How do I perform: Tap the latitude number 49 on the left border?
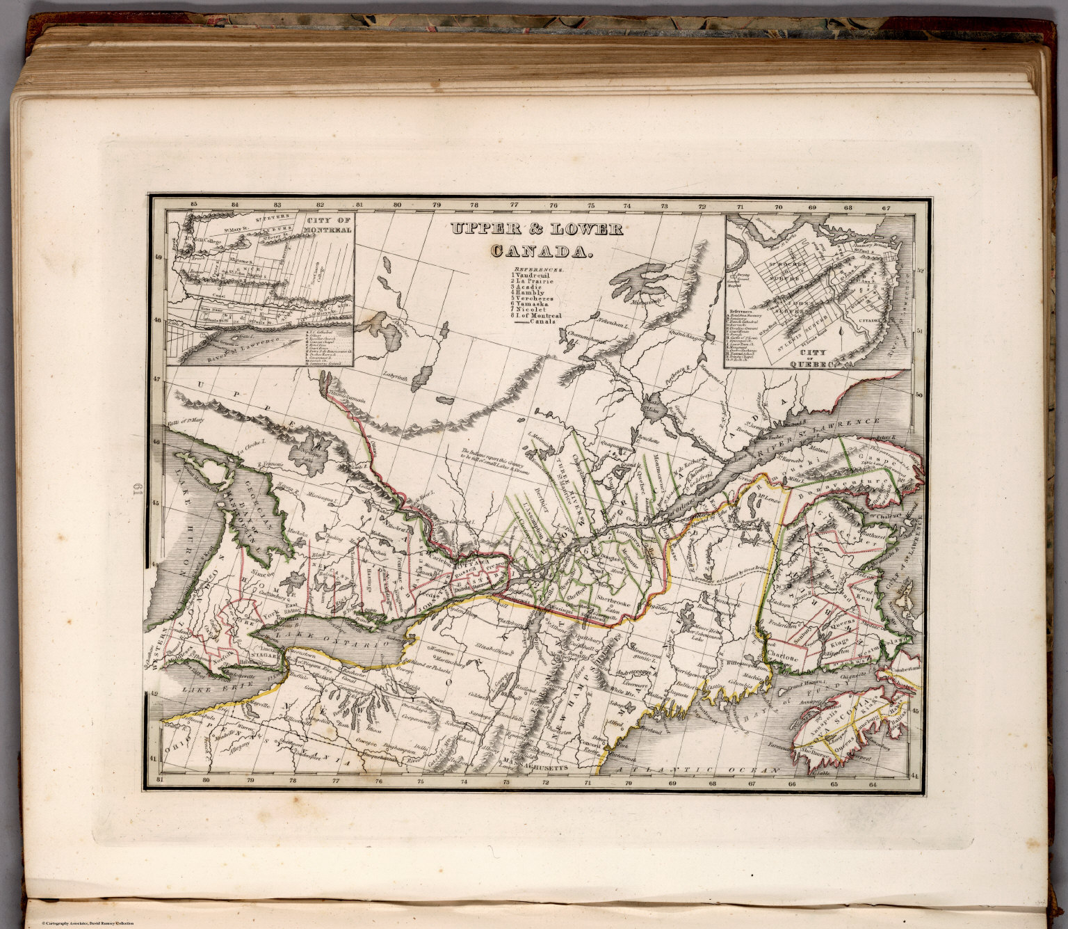tap(157, 257)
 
